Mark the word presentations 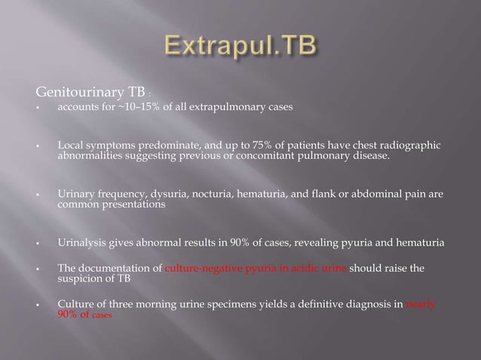pyautogui.click(x=129, y=205)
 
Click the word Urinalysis pyautogui.click(x=81, y=243)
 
